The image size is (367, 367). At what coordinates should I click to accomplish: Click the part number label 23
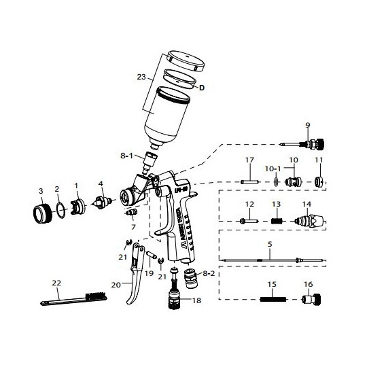(142, 77)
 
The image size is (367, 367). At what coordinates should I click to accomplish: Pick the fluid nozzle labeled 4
(102, 203)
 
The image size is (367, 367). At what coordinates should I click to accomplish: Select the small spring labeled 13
(276, 220)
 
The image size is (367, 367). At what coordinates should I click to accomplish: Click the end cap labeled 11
(319, 181)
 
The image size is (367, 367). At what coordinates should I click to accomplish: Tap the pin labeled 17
(249, 181)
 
